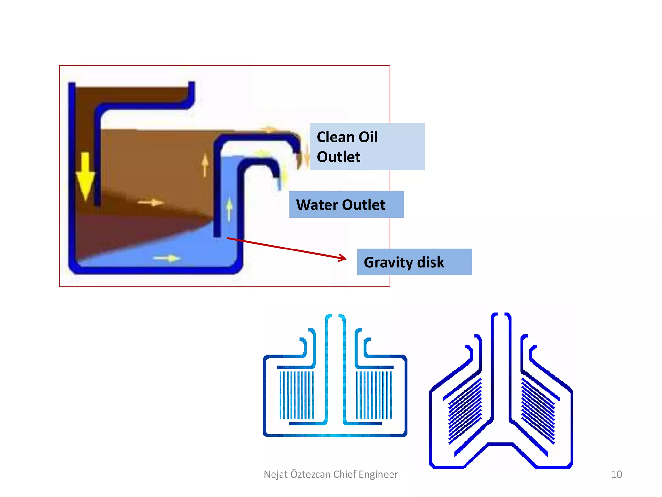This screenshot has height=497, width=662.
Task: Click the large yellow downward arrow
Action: [x=85, y=176]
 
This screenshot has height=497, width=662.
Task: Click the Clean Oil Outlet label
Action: [x=367, y=147]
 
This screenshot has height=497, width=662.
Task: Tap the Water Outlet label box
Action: [x=346, y=204]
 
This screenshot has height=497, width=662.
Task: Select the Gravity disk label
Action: [x=414, y=262]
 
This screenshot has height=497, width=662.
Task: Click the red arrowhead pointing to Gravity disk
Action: [x=343, y=258]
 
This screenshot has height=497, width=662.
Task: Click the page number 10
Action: [x=616, y=474]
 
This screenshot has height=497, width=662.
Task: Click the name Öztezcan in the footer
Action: [x=311, y=474]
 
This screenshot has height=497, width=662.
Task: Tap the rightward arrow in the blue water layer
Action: [x=167, y=258]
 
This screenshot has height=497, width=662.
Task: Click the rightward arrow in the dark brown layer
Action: [x=151, y=203]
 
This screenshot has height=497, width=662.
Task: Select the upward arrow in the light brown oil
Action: [x=205, y=165]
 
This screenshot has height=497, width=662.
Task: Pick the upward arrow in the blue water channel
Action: [x=229, y=209]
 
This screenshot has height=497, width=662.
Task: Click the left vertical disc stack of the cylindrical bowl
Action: [x=296, y=395]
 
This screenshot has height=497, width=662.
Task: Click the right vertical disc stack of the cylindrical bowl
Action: [x=374, y=395]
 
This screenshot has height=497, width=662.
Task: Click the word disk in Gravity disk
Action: [x=431, y=262]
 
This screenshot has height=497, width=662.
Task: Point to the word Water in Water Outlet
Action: [x=317, y=205]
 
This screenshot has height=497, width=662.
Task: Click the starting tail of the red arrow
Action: [x=228, y=238]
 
